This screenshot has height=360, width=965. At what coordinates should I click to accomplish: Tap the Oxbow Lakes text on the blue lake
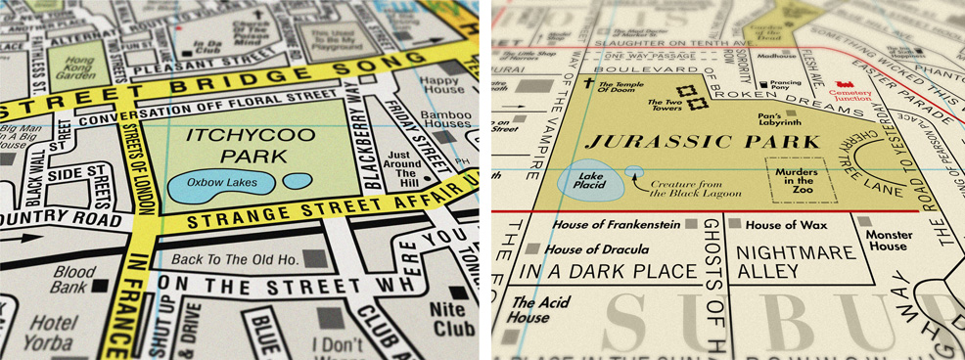click(x=220, y=182)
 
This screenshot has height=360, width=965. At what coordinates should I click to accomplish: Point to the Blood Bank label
click(x=73, y=280)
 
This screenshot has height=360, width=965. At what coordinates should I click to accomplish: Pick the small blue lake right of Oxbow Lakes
click(x=297, y=181)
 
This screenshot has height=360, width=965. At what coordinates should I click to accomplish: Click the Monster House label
click(x=888, y=241)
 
